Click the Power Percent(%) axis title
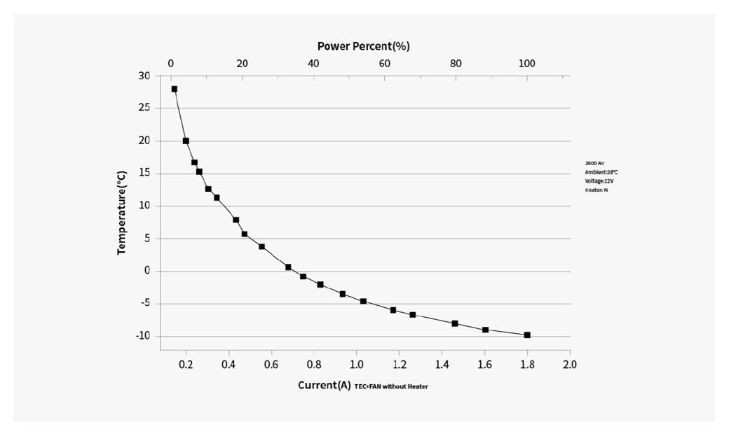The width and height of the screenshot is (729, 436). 363,46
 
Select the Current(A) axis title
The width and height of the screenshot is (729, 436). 324,385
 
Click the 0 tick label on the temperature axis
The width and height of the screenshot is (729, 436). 147,271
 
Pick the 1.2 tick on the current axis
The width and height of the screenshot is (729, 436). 400,365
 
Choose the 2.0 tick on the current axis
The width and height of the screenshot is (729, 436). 570,365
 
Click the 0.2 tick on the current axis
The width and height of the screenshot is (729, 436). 186,365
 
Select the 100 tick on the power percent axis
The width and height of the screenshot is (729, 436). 526,64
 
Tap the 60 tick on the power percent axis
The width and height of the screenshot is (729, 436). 384,64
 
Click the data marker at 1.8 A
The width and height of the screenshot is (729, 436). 527,335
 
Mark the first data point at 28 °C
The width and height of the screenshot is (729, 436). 174,89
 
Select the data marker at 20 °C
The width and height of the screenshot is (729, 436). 186,141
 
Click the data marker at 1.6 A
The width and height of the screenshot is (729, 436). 485,330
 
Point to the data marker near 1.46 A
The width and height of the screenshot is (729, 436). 455,323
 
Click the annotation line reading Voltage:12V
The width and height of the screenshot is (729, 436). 599,181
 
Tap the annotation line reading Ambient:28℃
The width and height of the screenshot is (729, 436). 601,171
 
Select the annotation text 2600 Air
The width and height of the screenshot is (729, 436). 594,162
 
